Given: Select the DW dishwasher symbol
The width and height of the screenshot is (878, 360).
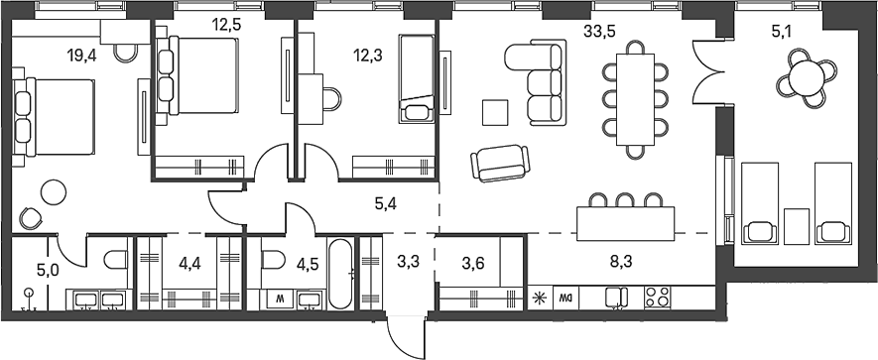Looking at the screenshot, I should coord(566,296).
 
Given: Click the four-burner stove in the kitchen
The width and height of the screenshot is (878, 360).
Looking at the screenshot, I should coord(657,297).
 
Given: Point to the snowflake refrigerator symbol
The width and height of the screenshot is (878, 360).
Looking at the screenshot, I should coord(540,296).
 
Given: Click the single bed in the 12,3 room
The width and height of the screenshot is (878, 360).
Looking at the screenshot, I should coord(416,79).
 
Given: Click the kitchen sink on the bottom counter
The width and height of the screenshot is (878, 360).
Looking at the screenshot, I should coord(616,296).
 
